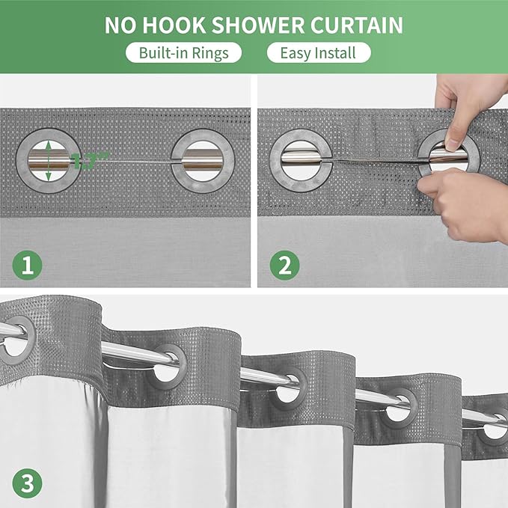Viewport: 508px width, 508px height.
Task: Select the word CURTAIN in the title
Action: (x=358, y=25)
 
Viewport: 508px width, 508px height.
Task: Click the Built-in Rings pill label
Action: (x=184, y=53)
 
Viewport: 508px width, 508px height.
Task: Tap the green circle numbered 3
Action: (x=26, y=483)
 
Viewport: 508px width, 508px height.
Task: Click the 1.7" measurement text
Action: (x=90, y=159)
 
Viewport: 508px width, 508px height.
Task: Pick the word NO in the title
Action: (x=120, y=25)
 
